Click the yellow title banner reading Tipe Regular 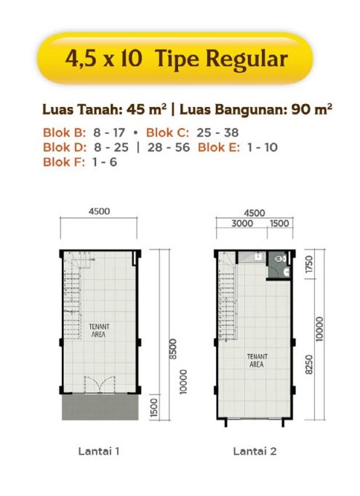(x=175, y=58)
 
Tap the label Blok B (x=64, y=132)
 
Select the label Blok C (x=167, y=132)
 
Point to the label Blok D (x=65, y=147)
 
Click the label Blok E (x=219, y=147)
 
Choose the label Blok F (x=64, y=161)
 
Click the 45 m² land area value (x=146, y=109)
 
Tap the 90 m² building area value (x=311, y=109)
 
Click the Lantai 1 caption (x=99, y=451)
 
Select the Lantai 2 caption (x=255, y=451)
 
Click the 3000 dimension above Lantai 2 (x=242, y=223)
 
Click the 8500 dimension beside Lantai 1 (x=172, y=349)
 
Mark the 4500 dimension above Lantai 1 (x=99, y=212)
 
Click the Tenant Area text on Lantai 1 (x=99, y=330)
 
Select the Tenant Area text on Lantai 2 (x=257, y=360)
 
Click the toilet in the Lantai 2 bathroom (x=280, y=259)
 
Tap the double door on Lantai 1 (x=100, y=385)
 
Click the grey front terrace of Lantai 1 (x=100, y=407)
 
